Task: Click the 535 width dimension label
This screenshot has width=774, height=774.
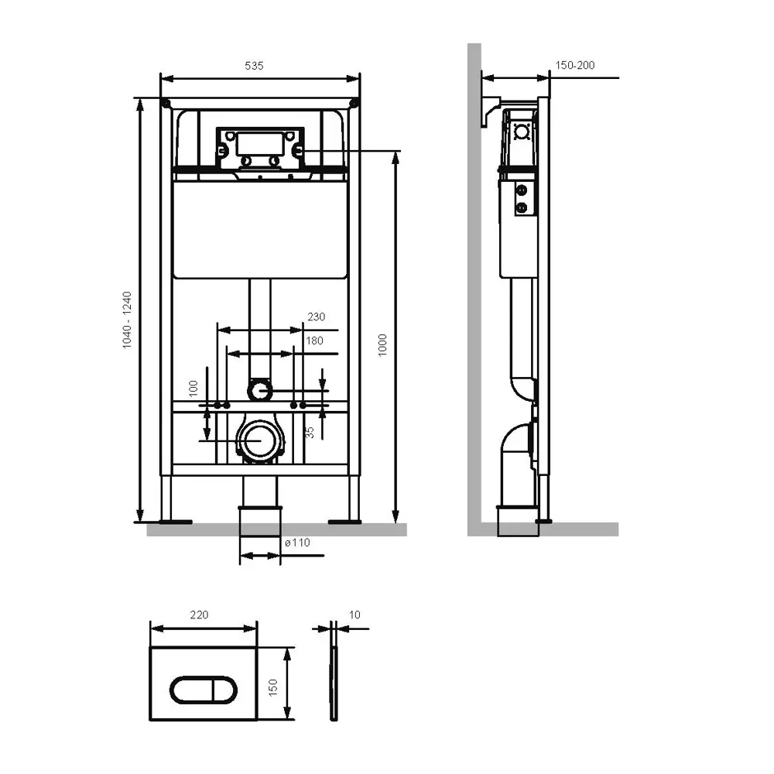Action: pos(254,66)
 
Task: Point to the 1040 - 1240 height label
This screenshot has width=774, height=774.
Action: pos(128,320)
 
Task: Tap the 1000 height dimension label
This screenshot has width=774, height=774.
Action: pos(382,345)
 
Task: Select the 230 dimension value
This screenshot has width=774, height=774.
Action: pos(317,317)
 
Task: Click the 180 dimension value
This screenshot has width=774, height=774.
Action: pos(314,341)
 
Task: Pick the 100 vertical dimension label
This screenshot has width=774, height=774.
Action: pos(193,388)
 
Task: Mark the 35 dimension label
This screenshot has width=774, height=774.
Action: pos(310,433)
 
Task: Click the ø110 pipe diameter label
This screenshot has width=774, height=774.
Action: pos(298,543)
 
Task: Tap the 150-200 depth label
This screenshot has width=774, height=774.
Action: pos(575,65)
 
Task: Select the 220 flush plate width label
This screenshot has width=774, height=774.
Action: pos(199,615)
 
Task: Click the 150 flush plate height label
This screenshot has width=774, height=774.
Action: pos(273,687)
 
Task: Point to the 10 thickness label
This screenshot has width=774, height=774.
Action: pos(354,615)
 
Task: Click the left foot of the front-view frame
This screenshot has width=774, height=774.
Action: pos(174,521)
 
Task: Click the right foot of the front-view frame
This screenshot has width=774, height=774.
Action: pos(344,521)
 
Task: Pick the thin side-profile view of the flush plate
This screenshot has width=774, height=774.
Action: pos(334,683)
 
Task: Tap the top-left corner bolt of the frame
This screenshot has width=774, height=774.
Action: pos(166,103)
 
